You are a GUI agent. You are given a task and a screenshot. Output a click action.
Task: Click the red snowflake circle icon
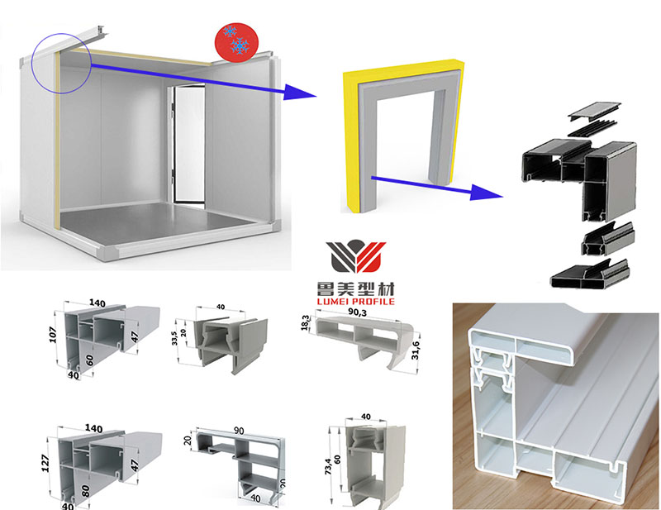(x=235, y=41)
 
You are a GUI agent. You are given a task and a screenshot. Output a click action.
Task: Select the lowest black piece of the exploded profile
(x=589, y=276)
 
